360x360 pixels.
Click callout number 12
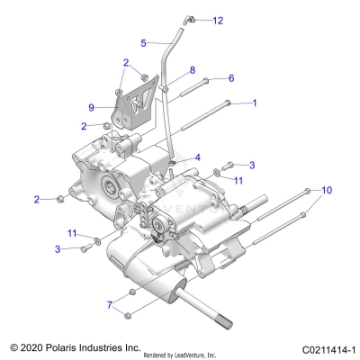point(218,20)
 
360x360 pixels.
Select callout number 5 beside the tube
point(144,42)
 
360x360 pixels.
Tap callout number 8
point(192,69)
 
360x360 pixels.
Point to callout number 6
point(230,79)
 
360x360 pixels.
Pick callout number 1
point(254,103)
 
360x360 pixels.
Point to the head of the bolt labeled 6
point(206,81)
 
